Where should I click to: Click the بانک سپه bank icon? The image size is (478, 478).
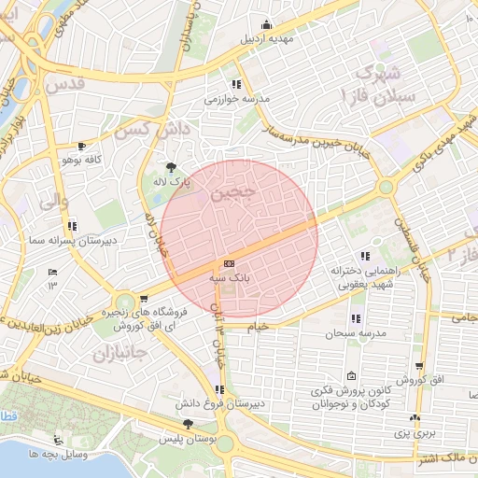click(229, 263)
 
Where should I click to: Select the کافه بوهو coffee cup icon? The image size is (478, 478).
click(81, 146)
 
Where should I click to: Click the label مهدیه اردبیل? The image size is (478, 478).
click(268, 40)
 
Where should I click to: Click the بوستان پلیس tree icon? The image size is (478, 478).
click(189, 424)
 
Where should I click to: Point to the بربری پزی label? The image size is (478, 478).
click(414, 433)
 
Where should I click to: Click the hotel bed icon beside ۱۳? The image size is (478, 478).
click(53, 272)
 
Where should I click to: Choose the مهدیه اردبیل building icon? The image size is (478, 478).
click(268, 25)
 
